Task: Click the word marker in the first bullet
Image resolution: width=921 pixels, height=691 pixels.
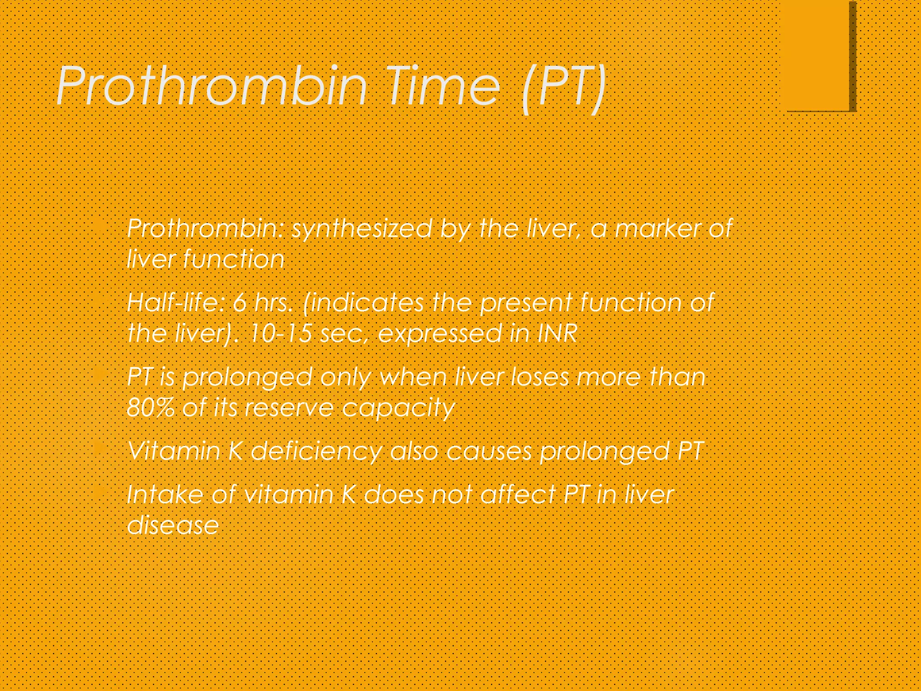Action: (657, 229)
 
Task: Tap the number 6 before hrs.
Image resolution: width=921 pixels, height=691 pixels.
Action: (240, 303)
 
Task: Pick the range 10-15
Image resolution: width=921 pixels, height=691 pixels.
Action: (280, 333)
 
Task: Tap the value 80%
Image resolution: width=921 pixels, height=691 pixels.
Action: (150, 408)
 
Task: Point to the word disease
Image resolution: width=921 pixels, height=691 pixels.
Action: (173, 525)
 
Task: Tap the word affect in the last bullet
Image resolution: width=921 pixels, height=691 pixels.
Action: (518, 495)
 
